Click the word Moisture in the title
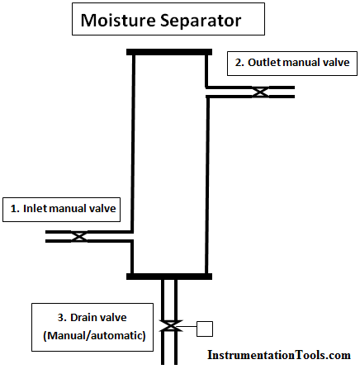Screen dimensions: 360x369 (118, 20)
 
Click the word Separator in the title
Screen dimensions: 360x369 (201, 21)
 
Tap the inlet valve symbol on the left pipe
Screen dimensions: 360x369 (79, 236)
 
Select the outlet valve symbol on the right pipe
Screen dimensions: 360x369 (260, 92)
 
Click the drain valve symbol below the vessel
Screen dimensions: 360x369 (171, 326)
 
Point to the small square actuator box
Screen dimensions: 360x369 (205, 329)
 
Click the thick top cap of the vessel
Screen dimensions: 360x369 (169, 52)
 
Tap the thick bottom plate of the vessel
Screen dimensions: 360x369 (169, 277)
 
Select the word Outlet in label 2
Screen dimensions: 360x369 (264, 63)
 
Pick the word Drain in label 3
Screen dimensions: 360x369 (83, 318)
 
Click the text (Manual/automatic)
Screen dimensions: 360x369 (94, 336)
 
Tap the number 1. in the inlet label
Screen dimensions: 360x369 (15, 209)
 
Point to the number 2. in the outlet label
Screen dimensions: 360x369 (239, 63)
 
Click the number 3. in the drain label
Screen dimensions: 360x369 (62, 318)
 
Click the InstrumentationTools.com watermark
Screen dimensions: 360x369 (279, 355)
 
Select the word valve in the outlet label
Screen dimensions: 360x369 (336, 63)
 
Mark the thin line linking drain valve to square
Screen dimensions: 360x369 (189, 327)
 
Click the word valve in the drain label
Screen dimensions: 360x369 (113, 318)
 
